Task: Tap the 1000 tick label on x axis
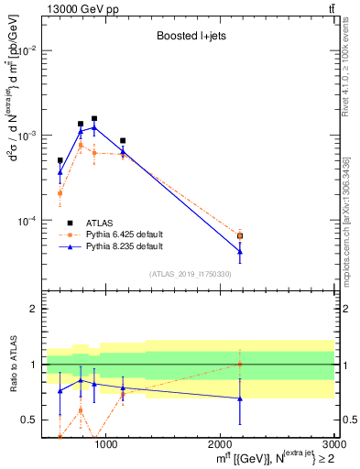106,445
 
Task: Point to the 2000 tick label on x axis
220,445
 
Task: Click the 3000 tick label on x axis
333,445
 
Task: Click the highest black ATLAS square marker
94,118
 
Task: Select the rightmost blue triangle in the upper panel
240,251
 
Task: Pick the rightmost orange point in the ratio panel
240,364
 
